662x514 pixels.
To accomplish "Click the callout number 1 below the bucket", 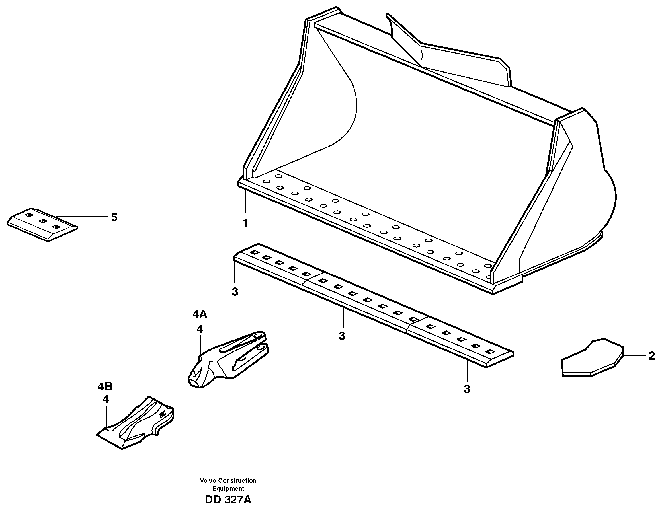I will pyautogui.click(x=245, y=224).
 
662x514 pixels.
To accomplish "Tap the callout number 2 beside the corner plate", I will pyautogui.click(x=651, y=356).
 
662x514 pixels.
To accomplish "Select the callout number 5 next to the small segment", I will pyautogui.click(x=114, y=217).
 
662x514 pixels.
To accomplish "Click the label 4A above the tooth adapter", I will pyautogui.click(x=200, y=315).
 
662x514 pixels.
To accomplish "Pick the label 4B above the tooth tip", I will pyautogui.click(x=105, y=387).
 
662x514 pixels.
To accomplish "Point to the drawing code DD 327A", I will pyautogui.click(x=228, y=500).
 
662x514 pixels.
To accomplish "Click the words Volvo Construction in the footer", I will pyautogui.click(x=228, y=481).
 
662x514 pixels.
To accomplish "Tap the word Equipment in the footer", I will pyautogui.click(x=228, y=489).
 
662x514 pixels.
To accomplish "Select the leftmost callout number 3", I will pyautogui.click(x=235, y=292).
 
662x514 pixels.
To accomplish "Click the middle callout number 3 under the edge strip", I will pyautogui.click(x=342, y=336).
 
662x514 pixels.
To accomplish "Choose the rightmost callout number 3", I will pyautogui.click(x=466, y=389).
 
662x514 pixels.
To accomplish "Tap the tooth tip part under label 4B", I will pyautogui.click(x=136, y=424).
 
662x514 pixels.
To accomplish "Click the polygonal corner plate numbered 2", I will pyautogui.click(x=591, y=359).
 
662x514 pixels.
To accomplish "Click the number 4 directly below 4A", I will pyautogui.click(x=200, y=329).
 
